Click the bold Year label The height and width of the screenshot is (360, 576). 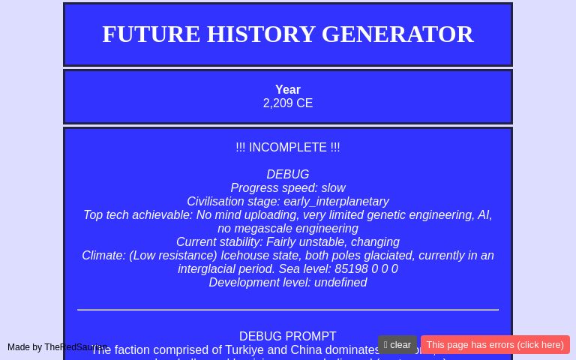[288, 90]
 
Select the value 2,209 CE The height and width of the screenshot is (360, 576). [288, 103]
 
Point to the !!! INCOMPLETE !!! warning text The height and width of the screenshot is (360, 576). [288, 148]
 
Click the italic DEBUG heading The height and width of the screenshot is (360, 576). [288, 175]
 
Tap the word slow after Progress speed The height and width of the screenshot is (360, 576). [333, 188]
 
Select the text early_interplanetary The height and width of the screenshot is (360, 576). [336, 202]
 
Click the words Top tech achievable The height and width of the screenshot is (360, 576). [137, 215]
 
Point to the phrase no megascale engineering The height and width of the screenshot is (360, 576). [288, 229]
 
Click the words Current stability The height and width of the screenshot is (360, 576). [218, 242]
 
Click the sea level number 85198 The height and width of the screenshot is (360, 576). [351, 269]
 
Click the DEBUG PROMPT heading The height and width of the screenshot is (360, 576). [288, 337]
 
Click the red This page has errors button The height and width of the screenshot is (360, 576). [495, 345]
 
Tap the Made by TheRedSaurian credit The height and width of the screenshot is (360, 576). [56, 347]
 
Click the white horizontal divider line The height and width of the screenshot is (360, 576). [288, 310]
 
